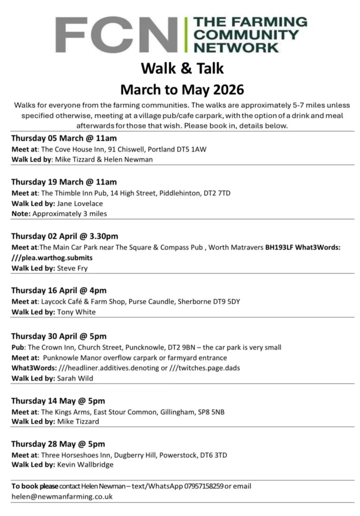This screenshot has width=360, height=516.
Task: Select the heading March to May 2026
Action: coord(182,90)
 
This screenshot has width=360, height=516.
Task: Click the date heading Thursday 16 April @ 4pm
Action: coord(58,291)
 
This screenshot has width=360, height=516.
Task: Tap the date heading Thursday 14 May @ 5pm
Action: coord(58,401)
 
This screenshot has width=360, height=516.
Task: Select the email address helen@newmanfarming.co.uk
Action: coord(62,496)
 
